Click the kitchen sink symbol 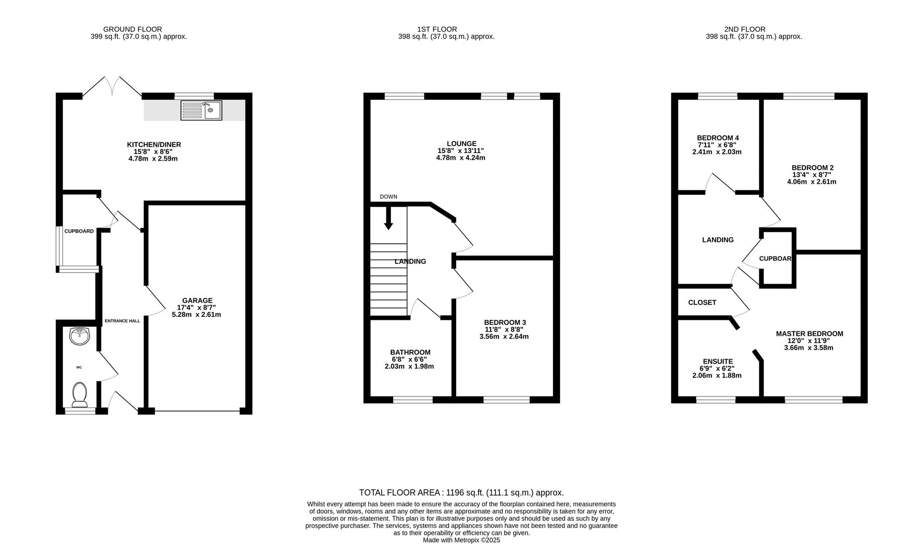[201, 110]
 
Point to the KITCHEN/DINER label [154, 145]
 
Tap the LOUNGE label [461, 144]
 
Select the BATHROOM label [410, 352]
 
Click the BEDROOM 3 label [505, 322]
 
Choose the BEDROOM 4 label [718, 138]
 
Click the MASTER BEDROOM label [809, 333]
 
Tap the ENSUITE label [718, 361]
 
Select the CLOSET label [702, 302]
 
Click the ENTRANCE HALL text [122, 321]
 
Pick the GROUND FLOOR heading [132, 29]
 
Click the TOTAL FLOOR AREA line [461, 493]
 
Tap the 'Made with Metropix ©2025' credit [461, 540]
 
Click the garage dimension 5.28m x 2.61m [196, 315]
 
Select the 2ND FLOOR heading [744, 29]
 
